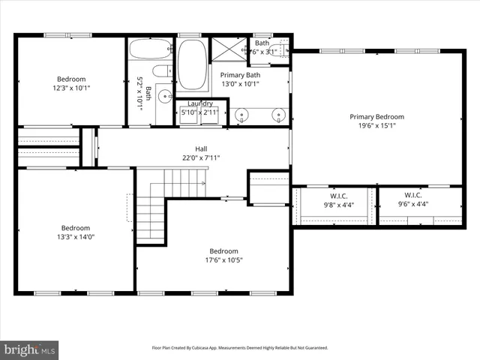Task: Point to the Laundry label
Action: (200, 103)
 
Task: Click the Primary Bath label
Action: (240, 74)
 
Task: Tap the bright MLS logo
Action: (30, 349)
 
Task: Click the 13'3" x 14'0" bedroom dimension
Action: (76, 238)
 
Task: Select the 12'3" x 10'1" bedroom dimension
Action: (71, 88)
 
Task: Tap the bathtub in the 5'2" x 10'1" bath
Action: (150, 49)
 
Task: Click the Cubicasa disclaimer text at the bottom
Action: (240, 348)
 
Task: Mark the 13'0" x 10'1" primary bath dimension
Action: (240, 84)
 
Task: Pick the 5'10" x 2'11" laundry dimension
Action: (200, 112)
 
